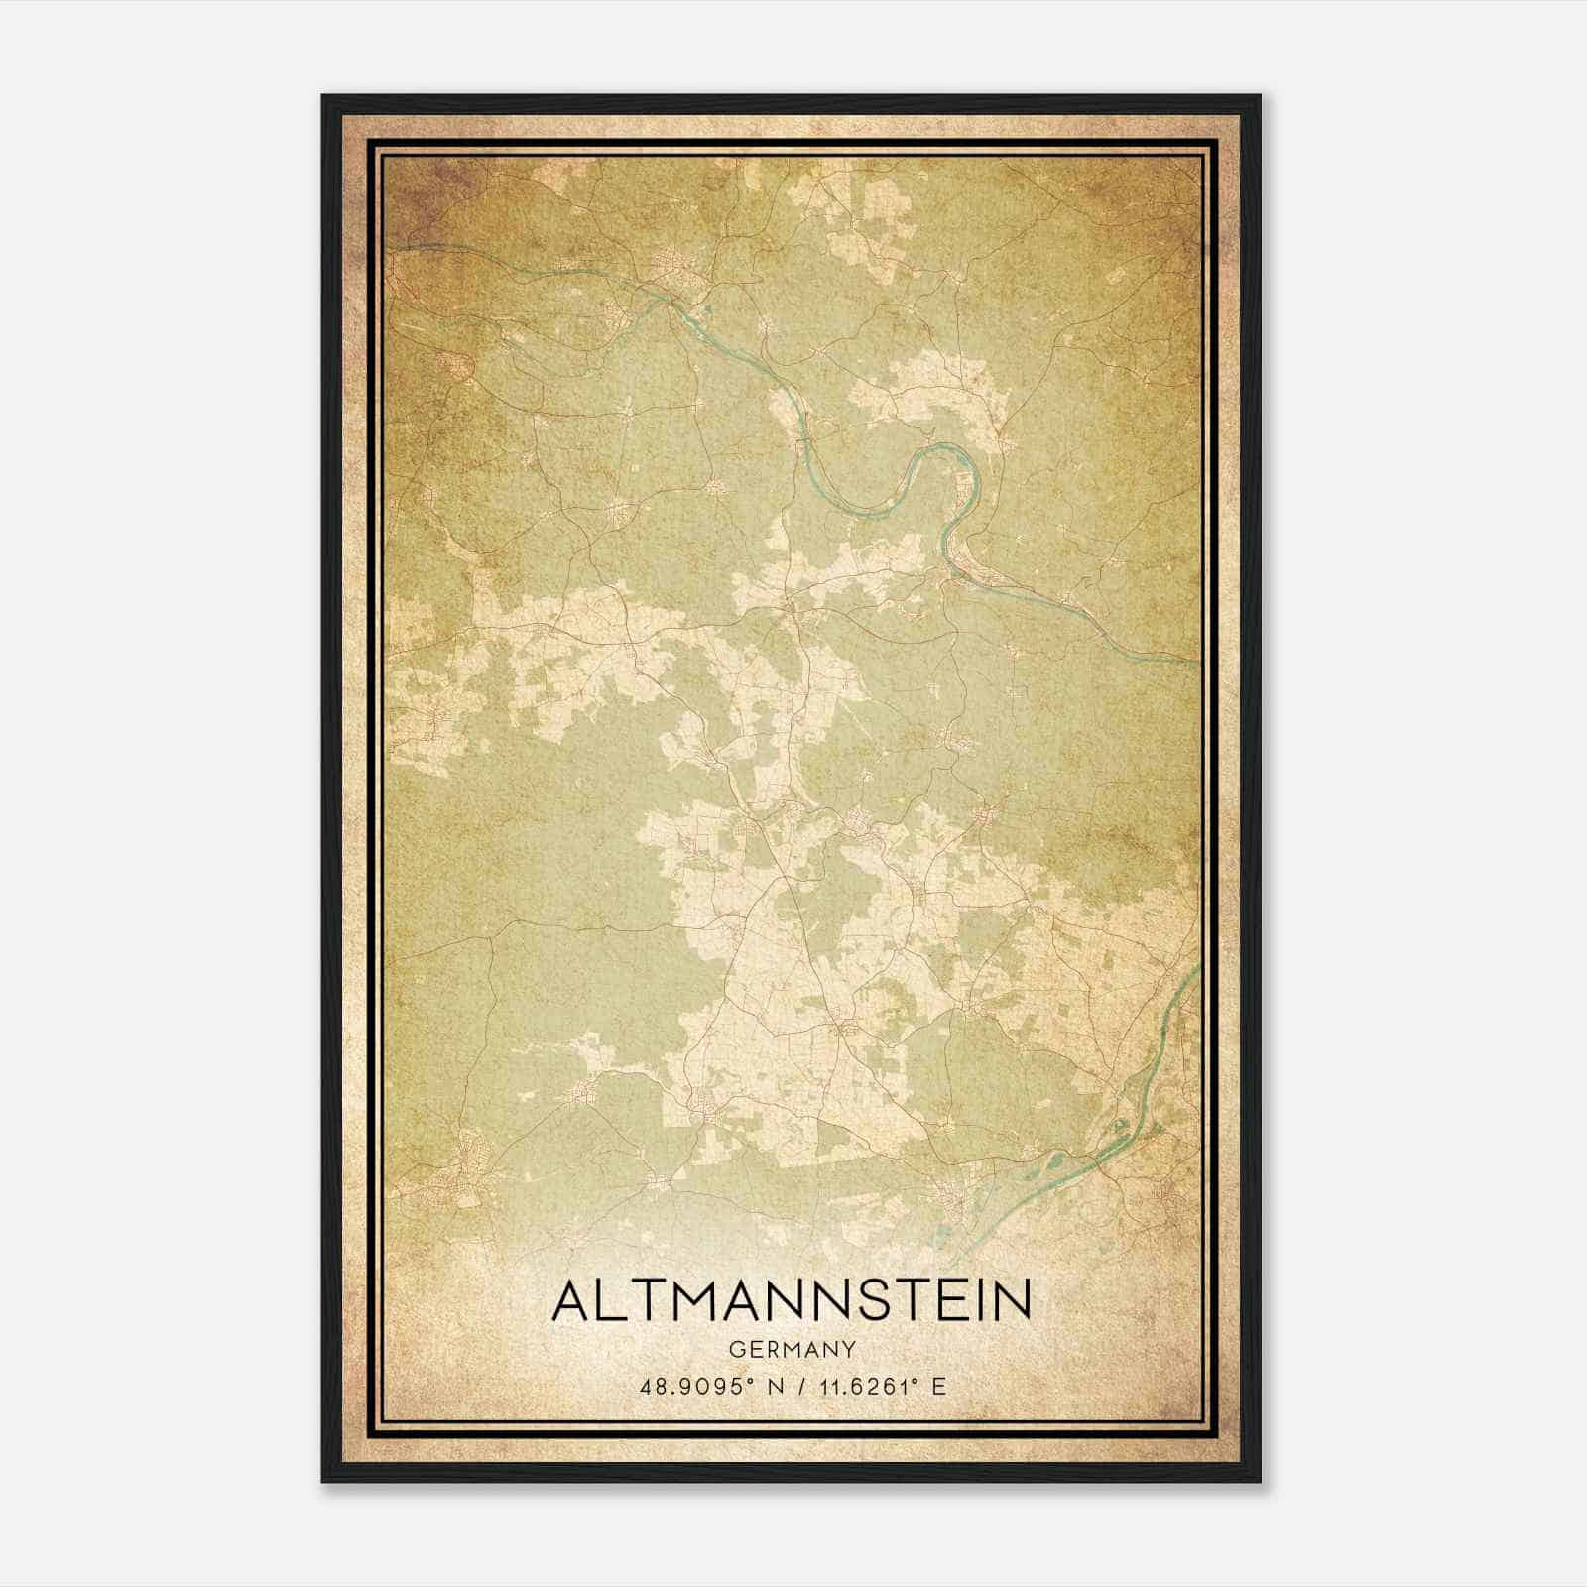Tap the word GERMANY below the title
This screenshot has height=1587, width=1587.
792,1349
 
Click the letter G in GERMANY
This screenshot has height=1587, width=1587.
734,1349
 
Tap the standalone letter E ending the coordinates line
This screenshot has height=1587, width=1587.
938,1386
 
